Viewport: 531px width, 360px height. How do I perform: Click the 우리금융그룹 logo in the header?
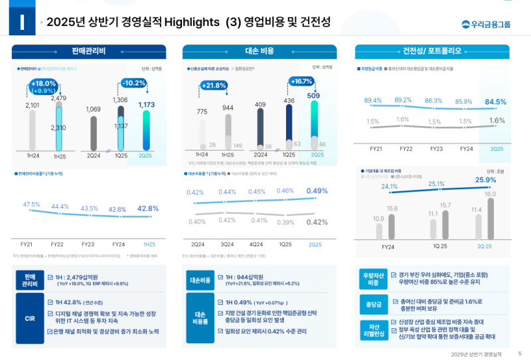pyautogui.click(x=486, y=25)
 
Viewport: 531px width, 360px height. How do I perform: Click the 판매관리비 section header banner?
pyautogui.click(x=89, y=51)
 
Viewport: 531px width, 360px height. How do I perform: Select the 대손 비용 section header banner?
pyautogui.click(x=260, y=51)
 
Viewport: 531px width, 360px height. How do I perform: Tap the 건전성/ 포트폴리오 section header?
pyautogui.click(x=432, y=51)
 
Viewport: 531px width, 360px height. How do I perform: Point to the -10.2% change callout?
pyautogui.click(x=133, y=83)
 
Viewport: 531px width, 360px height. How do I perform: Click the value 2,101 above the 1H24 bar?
pyautogui.click(x=32, y=105)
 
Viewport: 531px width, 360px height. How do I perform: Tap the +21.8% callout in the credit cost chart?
pyautogui.click(x=214, y=85)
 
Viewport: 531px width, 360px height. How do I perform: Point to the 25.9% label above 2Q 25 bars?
pyautogui.click(x=486, y=179)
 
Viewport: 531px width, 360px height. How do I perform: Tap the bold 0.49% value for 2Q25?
pyautogui.click(x=317, y=191)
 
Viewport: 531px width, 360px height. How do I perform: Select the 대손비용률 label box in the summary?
pyautogui.click(x=200, y=317)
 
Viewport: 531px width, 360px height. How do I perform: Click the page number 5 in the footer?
pyautogui.click(x=519, y=353)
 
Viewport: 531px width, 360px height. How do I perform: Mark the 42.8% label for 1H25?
pyautogui.click(x=147, y=209)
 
